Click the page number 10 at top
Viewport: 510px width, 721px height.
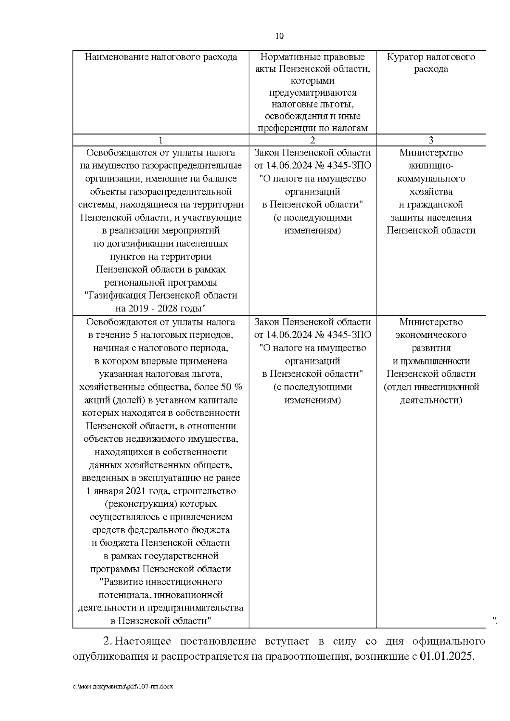coord(279,36)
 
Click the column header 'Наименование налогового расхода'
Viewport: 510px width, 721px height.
coord(161,57)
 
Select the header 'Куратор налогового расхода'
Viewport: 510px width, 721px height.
coord(431,62)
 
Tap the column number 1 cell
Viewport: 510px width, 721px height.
coord(161,140)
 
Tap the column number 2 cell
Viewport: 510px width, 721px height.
coord(312,140)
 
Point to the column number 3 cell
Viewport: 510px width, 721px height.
coord(431,140)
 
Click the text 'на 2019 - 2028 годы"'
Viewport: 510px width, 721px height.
coord(161,308)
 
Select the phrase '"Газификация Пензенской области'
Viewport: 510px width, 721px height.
coord(161,295)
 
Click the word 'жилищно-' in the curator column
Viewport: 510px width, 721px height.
coord(431,165)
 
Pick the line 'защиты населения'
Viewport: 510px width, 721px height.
coord(431,218)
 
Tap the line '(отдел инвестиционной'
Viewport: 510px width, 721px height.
coord(431,387)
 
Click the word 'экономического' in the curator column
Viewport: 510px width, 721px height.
coord(431,335)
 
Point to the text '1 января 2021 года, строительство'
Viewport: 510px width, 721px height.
coord(161,491)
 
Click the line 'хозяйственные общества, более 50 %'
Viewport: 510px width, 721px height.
coord(161,387)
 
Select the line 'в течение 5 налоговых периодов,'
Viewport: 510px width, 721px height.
coord(161,335)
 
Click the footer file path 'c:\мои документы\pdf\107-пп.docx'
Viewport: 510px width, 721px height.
coord(123,686)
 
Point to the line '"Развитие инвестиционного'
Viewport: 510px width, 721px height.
coord(161,582)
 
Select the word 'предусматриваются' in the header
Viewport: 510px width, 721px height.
coord(312,92)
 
